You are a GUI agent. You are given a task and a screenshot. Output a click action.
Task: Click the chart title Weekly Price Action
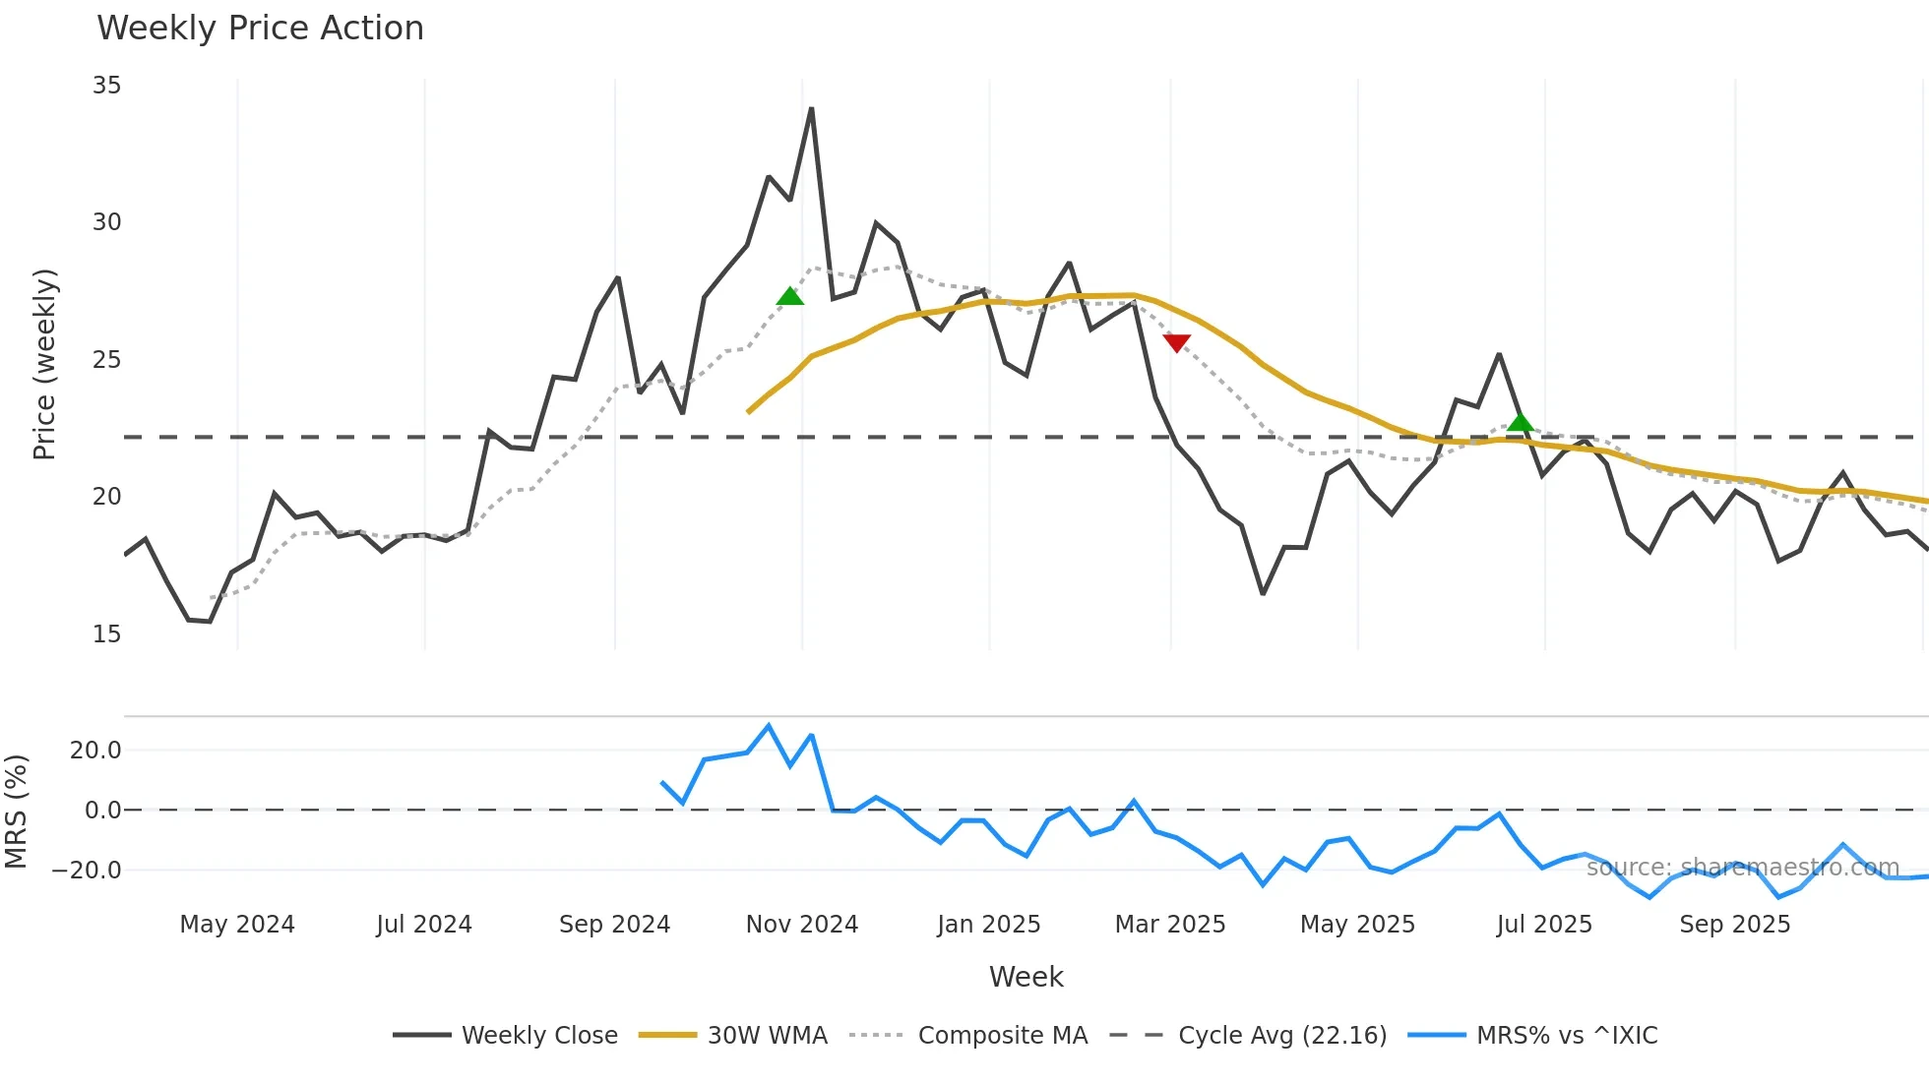pos(260,29)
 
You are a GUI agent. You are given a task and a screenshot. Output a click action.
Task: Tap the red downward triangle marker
pos(1177,342)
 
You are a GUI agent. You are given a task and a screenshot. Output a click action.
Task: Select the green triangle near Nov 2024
pos(790,296)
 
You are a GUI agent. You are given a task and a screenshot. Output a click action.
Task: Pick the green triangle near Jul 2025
pos(1521,423)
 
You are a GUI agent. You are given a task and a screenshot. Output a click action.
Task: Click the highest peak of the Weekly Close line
pos(811,109)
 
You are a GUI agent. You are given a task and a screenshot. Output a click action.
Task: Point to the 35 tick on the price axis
pos(106,86)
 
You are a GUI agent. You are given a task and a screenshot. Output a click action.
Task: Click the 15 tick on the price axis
pos(106,634)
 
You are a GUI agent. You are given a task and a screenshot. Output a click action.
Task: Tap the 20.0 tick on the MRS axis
pos(95,751)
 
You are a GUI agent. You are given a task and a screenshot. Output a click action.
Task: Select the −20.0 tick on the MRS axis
pos(87,871)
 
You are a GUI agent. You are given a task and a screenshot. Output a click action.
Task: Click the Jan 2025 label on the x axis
pos(988,925)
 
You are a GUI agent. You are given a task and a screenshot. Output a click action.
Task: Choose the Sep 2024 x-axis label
pos(614,925)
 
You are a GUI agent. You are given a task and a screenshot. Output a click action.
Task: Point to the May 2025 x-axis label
pos(1357,925)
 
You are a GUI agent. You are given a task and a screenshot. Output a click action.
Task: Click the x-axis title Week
pos(1026,977)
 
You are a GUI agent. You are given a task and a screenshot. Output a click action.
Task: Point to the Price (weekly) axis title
pos(45,364)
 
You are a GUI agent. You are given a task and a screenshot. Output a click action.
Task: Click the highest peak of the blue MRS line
pos(769,726)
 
